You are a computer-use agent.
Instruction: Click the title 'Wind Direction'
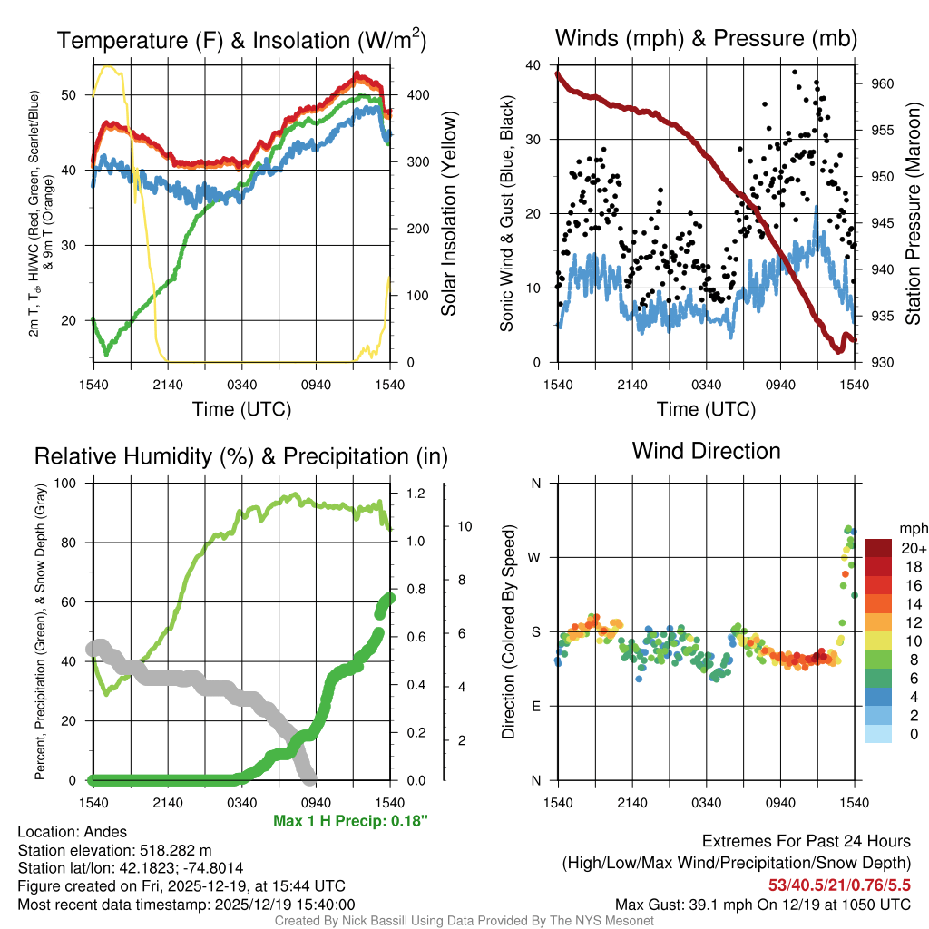click(x=706, y=451)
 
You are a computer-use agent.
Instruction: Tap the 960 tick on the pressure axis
click(x=882, y=83)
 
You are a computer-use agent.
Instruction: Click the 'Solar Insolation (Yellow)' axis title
click(x=448, y=214)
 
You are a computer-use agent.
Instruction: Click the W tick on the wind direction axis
click(x=535, y=557)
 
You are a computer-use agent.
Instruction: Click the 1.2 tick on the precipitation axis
click(x=413, y=494)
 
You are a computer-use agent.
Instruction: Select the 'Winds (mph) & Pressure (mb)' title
click(x=706, y=39)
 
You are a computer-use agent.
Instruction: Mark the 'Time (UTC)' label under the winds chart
click(x=706, y=409)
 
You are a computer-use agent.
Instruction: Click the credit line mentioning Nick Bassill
click(x=464, y=921)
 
